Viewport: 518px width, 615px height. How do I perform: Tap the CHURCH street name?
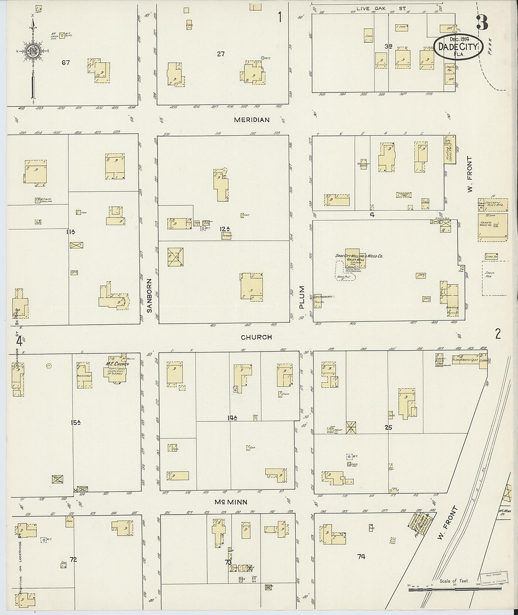[x=257, y=337]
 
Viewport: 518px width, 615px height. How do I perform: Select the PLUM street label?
[x=302, y=297]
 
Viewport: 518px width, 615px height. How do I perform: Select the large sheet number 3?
[x=482, y=23]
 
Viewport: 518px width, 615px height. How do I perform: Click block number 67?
[x=65, y=62]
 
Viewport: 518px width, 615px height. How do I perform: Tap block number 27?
[x=221, y=54]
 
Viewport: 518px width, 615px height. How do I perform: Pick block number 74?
[x=361, y=556]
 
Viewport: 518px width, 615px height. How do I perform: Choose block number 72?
[x=73, y=559]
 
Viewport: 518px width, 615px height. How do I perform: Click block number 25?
[x=388, y=428]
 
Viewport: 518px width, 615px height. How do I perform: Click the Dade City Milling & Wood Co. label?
[x=359, y=256]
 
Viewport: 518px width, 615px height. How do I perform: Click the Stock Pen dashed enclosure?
[x=495, y=278]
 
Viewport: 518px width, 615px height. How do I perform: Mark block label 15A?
[x=76, y=423]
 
